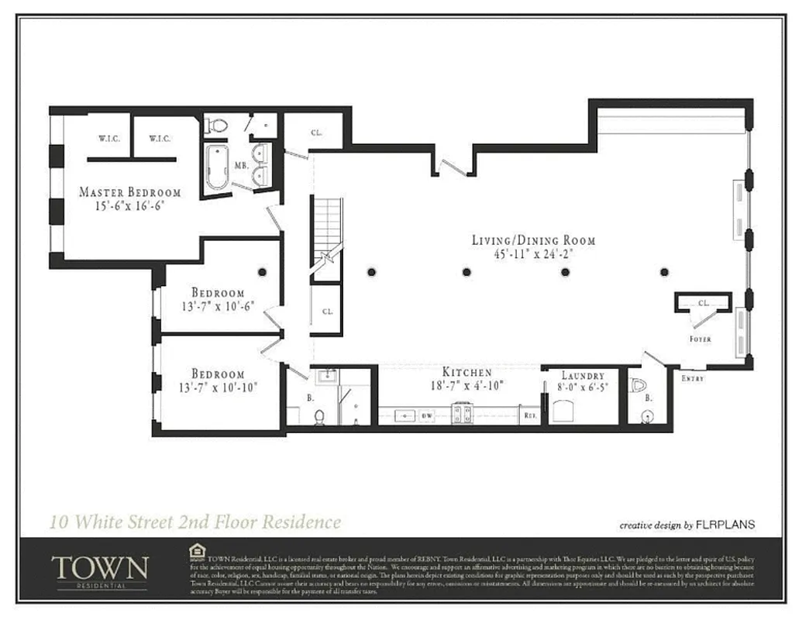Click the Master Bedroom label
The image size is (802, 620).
tap(130, 192)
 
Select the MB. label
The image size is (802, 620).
tap(241, 166)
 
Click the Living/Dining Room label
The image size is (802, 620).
tap(534, 239)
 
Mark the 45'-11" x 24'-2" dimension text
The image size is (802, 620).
tap(534, 253)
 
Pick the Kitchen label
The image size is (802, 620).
tap(466, 372)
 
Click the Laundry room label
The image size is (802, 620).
tap(583, 375)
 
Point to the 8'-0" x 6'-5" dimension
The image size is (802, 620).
tap(583, 387)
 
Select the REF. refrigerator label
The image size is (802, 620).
tap(531, 416)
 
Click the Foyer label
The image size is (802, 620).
tap(700, 339)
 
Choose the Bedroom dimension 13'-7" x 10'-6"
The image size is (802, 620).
tap(218, 306)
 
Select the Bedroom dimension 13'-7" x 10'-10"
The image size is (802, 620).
tap(218, 387)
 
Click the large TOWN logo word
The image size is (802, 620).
tap(99, 567)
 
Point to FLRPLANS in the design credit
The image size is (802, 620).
tap(725, 525)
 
